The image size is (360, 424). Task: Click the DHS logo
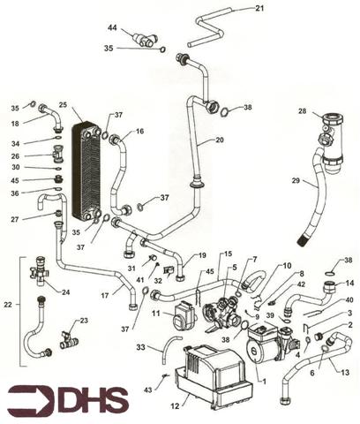(68, 400)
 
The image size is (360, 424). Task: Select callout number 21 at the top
(259, 8)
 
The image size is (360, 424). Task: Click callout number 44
(112, 28)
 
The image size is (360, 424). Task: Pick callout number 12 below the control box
(175, 406)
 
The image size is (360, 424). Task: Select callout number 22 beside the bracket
(8, 305)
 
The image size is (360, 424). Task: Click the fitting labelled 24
(38, 271)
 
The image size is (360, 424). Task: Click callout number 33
(141, 347)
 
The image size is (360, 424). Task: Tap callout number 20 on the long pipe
(219, 140)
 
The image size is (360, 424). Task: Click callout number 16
(140, 131)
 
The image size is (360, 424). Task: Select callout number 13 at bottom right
(345, 372)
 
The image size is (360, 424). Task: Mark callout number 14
(349, 283)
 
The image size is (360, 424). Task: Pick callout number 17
(105, 295)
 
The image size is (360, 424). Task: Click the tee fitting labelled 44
(146, 40)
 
